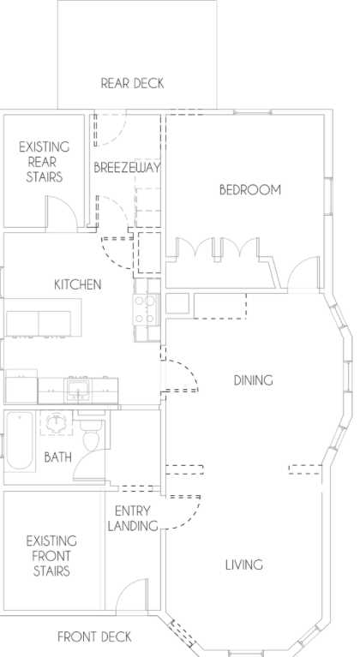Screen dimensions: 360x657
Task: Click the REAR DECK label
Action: [x=133, y=83]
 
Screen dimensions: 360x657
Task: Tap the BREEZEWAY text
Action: [x=127, y=168]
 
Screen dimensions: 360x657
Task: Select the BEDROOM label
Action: [x=250, y=190]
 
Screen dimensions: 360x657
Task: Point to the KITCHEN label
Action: [x=78, y=284]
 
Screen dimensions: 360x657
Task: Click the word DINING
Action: [x=254, y=380]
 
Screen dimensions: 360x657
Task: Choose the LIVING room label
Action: [x=244, y=564]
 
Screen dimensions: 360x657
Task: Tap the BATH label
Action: [x=57, y=457]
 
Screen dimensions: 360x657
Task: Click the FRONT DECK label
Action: [x=95, y=637]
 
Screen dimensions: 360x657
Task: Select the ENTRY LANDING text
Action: [x=133, y=518]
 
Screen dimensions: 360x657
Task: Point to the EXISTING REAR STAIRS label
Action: [x=45, y=162]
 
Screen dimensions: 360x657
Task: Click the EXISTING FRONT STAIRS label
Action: [x=51, y=556]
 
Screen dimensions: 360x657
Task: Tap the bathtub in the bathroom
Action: [x=19, y=441]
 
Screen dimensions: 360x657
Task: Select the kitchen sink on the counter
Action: [x=78, y=390]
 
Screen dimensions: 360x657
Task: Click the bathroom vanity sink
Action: [x=56, y=422]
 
